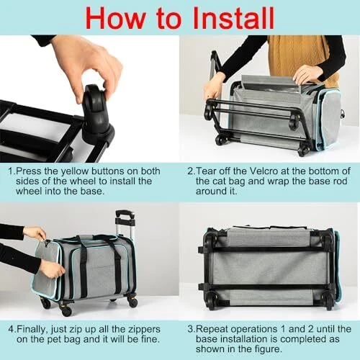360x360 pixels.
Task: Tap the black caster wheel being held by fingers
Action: (96, 109)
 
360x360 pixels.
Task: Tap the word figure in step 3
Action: (269, 349)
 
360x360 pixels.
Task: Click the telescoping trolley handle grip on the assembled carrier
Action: (125, 214)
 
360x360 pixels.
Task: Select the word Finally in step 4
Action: (32, 330)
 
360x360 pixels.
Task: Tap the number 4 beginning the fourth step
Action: (11, 329)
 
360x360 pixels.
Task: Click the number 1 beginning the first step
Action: (11, 171)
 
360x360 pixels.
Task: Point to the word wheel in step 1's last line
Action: (29, 192)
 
